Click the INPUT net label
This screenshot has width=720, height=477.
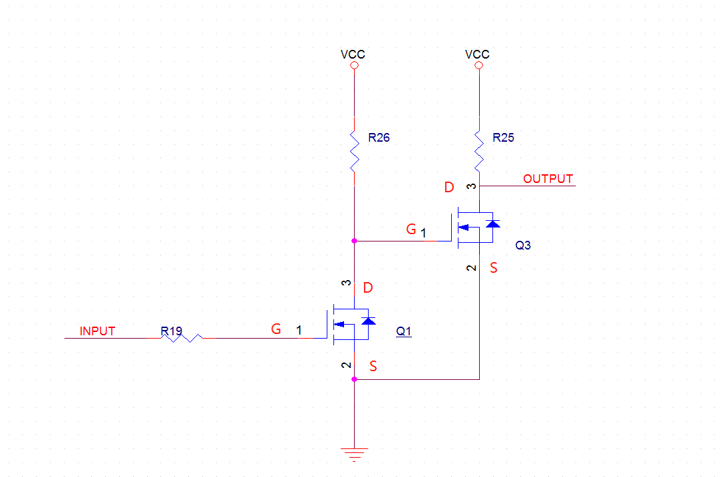(97, 331)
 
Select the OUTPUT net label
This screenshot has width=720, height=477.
(548, 178)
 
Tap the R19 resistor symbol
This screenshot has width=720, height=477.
(182, 338)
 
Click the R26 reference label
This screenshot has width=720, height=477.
(379, 138)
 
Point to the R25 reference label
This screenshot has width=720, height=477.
(503, 138)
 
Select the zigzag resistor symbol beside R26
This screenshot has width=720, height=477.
(354, 150)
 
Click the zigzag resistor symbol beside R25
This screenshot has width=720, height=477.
(479, 150)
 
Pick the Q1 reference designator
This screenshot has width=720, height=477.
(403, 331)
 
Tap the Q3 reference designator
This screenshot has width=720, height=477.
(523, 245)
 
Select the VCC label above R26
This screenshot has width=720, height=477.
(353, 55)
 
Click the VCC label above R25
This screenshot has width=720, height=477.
(477, 55)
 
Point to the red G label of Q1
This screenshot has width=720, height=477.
(275, 329)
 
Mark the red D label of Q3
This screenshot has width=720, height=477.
(449, 188)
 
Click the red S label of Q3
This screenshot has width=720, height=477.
(493, 268)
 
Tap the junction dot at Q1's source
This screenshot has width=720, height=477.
(354, 379)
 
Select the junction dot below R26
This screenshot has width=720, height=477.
(354, 240)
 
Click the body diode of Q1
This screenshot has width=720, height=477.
(368, 322)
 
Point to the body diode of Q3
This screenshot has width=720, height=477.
(492, 224)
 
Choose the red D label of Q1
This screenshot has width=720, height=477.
(368, 288)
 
